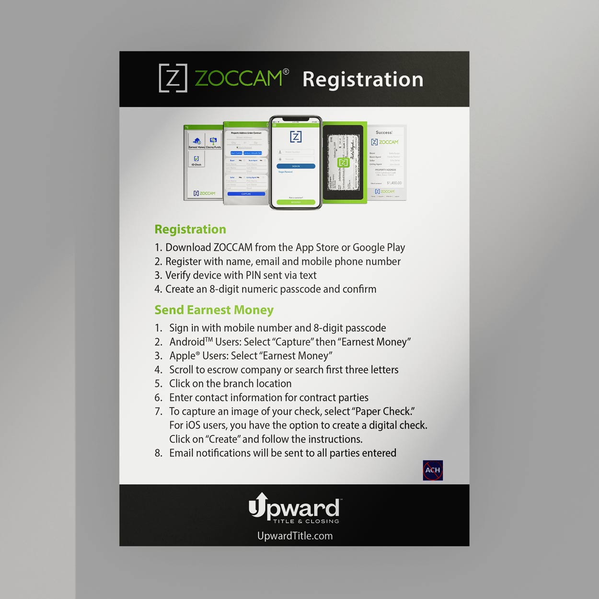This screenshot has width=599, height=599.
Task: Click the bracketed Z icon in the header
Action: (x=173, y=78)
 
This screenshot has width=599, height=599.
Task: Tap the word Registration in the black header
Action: (x=363, y=80)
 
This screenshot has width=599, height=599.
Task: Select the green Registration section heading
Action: (x=190, y=230)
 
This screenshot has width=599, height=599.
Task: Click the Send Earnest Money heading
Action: (x=214, y=310)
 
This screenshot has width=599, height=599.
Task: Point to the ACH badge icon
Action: (x=433, y=470)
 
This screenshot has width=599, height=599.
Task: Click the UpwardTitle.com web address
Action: (x=295, y=536)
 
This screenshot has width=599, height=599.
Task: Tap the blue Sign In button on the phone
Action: (x=296, y=166)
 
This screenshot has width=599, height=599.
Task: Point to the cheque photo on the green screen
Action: (x=344, y=162)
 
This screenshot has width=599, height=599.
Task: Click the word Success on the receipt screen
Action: (x=384, y=132)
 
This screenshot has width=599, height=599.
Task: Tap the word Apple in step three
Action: (x=183, y=356)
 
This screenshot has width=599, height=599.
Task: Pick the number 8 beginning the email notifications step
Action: (x=158, y=453)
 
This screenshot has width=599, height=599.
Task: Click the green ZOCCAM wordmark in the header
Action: (x=239, y=78)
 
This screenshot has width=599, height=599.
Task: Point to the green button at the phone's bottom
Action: (x=296, y=202)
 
